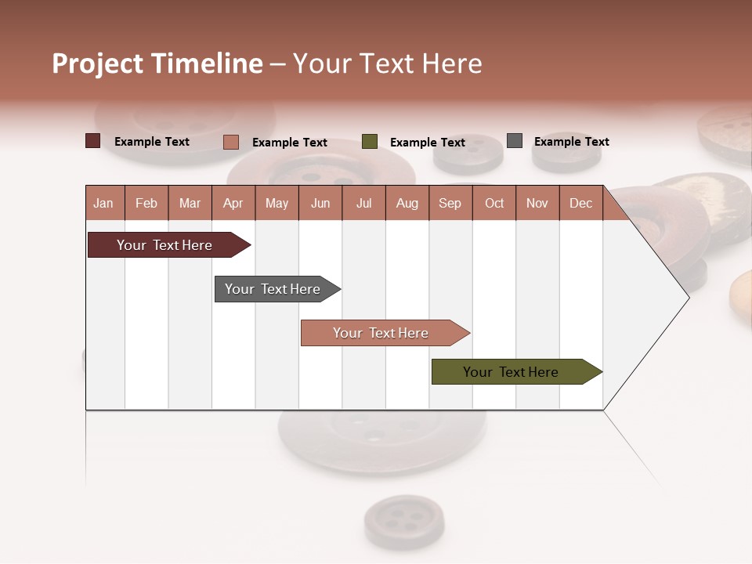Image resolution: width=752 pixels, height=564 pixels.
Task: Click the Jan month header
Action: point(104,204)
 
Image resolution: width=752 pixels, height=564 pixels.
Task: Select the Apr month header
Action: point(233,204)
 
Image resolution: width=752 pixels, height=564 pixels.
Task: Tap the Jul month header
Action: point(363,204)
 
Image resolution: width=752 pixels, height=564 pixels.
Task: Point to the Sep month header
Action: point(450,204)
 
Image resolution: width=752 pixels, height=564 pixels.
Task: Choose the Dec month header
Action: point(580,204)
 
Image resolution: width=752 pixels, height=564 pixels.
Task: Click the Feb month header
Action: point(146,204)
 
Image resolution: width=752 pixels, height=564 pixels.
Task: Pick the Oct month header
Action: point(494,204)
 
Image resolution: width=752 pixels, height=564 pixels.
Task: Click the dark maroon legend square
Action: point(93,141)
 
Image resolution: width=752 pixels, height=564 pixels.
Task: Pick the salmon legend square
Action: point(231,142)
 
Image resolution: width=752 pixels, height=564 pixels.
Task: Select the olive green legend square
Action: point(370,142)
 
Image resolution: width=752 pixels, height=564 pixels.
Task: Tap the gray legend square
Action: point(515,141)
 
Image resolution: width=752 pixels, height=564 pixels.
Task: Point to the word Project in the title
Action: point(98,63)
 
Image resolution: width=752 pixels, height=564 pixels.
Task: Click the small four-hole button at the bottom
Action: point(403,520)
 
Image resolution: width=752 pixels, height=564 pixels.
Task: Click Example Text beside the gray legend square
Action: point(571,142)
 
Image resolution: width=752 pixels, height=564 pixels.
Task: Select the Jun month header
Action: point(320,204)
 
